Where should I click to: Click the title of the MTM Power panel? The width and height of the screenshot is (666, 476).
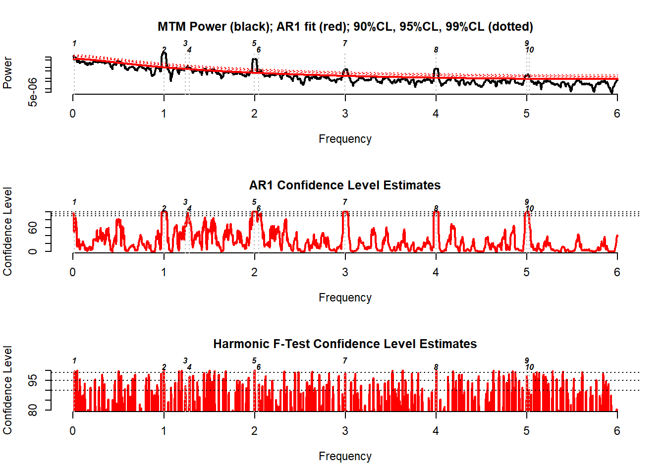click(345, 27)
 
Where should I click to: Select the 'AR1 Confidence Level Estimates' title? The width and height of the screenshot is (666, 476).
click(345, 185)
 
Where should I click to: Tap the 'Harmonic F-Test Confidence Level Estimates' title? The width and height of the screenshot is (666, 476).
click(345, 344)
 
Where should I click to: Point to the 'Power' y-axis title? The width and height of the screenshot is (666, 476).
click(7, 72)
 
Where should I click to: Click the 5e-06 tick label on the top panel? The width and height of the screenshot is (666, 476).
click(33, 92)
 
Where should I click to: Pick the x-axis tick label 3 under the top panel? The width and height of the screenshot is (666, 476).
click(345, 114)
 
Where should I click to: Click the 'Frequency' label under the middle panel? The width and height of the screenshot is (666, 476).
click(345, 297)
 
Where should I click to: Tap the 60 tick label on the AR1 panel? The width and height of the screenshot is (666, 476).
click(33, 228)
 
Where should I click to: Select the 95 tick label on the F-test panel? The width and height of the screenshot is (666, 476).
click(33, 381)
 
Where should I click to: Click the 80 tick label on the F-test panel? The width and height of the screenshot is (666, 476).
click(33, 410)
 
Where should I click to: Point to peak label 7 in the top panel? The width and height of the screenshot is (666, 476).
click(345, 44)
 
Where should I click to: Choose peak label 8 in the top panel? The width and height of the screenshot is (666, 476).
click(436, 50)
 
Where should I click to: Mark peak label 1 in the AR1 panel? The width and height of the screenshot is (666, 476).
click(74, 202)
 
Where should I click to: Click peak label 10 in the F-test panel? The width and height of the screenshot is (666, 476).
click(530, 367)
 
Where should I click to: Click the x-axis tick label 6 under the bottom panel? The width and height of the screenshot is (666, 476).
click(617, 431)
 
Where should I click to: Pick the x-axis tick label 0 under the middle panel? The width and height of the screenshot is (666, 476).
click(73, 273)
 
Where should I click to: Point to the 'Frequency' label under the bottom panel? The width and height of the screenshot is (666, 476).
click(345, 456)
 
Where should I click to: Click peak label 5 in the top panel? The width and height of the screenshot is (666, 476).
click(254, 44)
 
